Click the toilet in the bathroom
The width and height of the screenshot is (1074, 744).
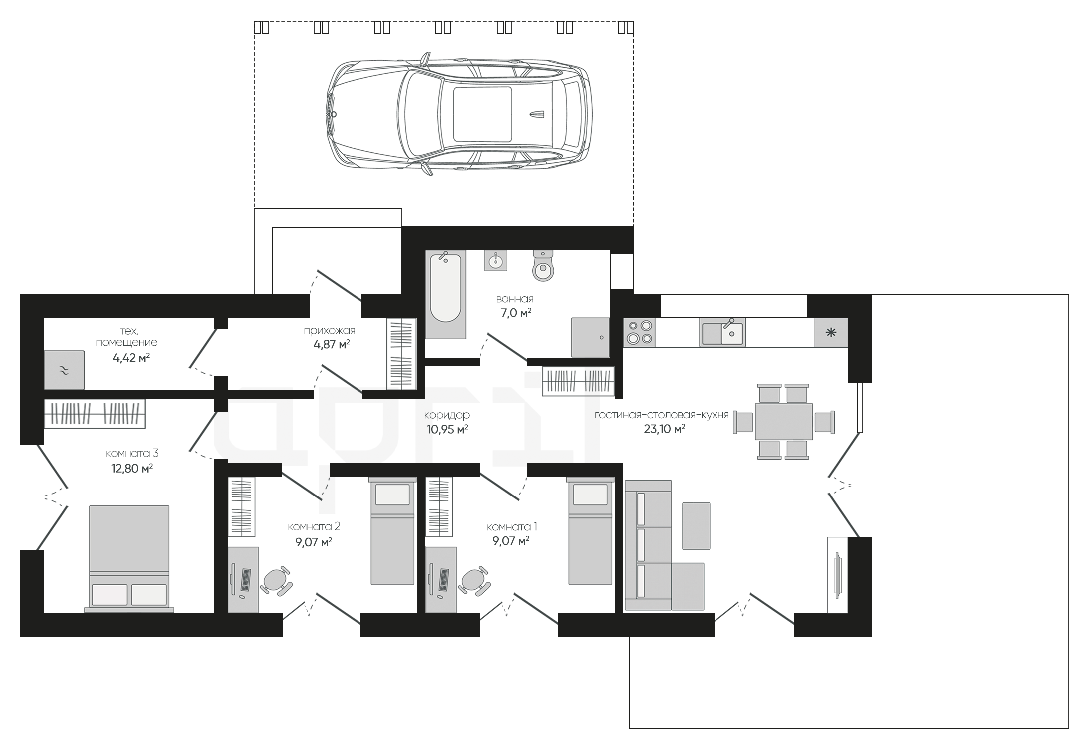point(543,265)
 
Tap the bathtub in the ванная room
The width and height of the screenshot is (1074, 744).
point(445,294)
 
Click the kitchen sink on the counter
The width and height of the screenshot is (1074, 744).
point(722,332)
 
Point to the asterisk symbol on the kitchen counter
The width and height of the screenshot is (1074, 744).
point(831,332)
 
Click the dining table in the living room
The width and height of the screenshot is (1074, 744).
point(784,421)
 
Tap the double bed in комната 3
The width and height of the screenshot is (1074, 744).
point(129,558)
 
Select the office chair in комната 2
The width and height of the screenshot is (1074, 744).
point(276,580)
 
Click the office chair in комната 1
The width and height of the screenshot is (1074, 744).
point(474,580)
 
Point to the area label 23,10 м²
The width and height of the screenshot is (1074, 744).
point(664,429)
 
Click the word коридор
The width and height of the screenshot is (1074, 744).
point(447,415)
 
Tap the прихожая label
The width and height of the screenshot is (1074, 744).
point(330,330)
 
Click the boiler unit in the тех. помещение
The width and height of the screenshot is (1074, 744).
point(64,370)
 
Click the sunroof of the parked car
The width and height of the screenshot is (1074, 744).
point(482,114)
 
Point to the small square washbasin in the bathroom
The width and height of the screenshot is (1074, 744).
point(496,260)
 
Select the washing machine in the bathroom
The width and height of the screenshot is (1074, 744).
point(590,337)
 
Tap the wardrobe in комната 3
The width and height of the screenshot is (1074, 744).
point(95,414)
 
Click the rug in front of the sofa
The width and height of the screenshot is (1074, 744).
point(696,526)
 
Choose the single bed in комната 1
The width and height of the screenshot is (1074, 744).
point(590,530)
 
